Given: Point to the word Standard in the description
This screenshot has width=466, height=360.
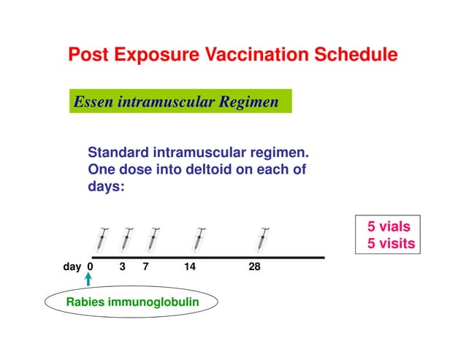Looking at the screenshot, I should tap(119, 153).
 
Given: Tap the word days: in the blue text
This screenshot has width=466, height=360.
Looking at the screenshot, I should tap(107, 187).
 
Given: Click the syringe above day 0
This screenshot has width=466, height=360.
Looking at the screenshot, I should tap(101, 239).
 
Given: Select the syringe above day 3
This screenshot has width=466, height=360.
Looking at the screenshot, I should tap(127, 239).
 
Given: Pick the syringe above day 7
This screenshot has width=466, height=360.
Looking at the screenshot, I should tap(152, 239).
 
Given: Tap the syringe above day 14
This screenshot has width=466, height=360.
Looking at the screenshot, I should tap(199, 239).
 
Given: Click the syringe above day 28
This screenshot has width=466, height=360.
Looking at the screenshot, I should tap(263, 239).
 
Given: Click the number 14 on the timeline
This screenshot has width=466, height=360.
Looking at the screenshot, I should tap(190, 267).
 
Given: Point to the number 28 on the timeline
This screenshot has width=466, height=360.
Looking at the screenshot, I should tap(254, 267).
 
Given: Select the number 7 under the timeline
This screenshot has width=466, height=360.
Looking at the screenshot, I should tap(146, 267).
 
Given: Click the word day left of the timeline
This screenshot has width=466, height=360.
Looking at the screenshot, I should tap(72, 267).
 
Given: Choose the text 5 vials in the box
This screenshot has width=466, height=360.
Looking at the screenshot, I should tap(389, 226).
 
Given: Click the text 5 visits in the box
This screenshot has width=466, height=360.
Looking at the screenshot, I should tap(391, 243).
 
